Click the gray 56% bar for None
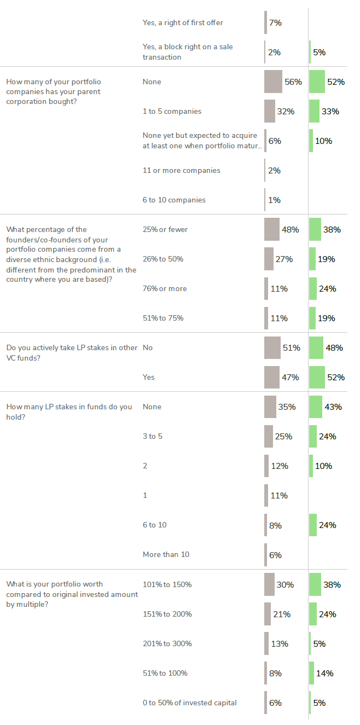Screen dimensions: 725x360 tap(273, 82)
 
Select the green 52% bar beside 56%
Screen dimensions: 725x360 tap(317, 82)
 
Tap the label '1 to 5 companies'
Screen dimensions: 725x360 tap(172, 111)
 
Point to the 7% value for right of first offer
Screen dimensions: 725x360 tap(275, 23)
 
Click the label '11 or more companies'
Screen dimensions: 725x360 tap(181, 170)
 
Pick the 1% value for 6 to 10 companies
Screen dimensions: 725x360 tap(275, 200)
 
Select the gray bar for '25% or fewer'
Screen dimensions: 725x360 tap(272, 230)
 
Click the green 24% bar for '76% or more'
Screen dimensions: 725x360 tap(313, 289)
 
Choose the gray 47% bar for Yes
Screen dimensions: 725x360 tap(272, 377)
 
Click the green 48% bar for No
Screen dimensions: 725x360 tap(316, 347)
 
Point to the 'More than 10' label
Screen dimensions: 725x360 tap(166, 554)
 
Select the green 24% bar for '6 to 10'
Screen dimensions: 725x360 tap(313, 525)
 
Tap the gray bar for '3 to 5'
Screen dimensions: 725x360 tap(269, 437)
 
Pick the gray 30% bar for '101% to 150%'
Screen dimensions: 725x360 tap(269, 584)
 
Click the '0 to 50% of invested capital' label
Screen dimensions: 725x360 tap(189, 703)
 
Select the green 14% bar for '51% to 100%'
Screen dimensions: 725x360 tap(311, 673)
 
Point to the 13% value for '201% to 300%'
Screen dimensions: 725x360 tap(280, 644)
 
